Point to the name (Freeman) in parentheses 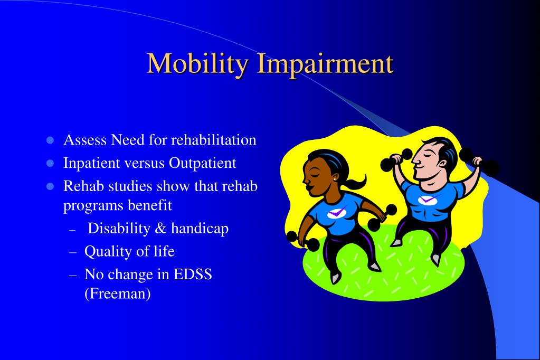coord(117,293)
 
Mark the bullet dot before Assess coord(51,140)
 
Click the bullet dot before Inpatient coord(51,164)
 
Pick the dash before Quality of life coord(73,252)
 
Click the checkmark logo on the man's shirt coord(426,200)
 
